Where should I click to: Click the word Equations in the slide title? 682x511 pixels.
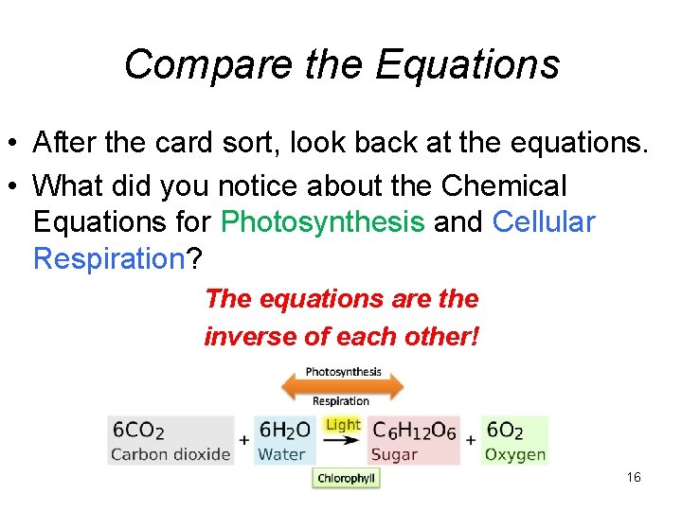[468, 64]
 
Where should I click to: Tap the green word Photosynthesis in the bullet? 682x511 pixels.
[322, 222]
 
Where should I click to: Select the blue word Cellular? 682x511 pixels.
[544, 222]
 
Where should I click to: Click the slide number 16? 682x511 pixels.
[634, 477]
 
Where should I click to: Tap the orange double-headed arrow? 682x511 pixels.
[341, 386]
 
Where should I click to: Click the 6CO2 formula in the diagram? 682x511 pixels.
[138, 430]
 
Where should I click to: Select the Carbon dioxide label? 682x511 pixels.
[170, 454]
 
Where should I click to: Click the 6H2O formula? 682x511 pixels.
[284, 430]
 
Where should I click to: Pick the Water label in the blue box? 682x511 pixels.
[281, 454]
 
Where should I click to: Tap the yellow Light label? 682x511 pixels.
[342, 425]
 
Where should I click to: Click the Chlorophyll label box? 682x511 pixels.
[346, 479]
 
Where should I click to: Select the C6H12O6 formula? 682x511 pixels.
[414, 430]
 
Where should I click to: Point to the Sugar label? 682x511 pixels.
[395, 454]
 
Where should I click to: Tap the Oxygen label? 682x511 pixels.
[515, 454]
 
